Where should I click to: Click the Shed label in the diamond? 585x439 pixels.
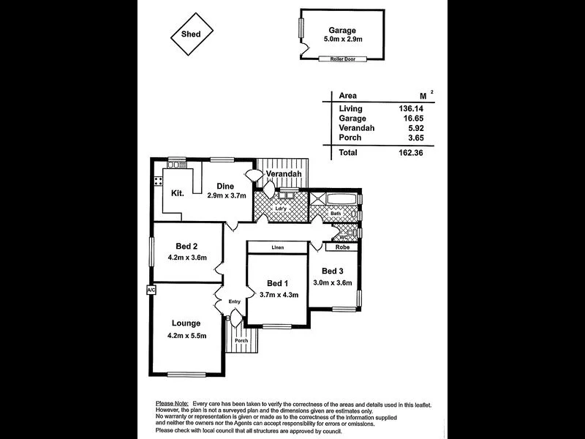tap(191, 33)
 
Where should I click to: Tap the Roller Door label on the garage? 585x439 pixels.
tap(341, 59)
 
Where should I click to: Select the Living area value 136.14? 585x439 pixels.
tap(409, 108)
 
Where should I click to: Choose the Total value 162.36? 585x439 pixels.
tap(409, 152)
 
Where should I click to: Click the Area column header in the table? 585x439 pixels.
tap(348, 96)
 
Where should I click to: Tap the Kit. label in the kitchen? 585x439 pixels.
tap(177, 193)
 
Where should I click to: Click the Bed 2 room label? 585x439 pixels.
tap(188, 246)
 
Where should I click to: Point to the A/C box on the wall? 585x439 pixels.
tap(151, 290)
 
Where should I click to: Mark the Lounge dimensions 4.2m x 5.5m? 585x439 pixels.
tap(186, 336)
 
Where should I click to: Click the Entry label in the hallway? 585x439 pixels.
tap(234, 301)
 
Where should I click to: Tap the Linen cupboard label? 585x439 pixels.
tap(277, 248)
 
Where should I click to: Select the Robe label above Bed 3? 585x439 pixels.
tap(342, 247)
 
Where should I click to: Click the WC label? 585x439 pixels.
tap(341, 237)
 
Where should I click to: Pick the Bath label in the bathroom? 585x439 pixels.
tap(335, 214)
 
